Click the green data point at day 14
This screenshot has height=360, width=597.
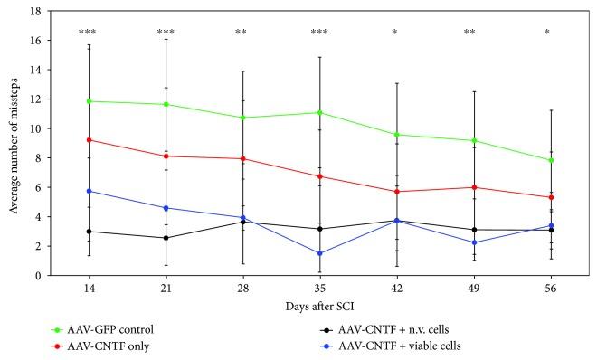(x=89, y=101)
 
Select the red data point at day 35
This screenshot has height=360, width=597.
(x=319, y=176)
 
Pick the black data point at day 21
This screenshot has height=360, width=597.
(x=166, y=238)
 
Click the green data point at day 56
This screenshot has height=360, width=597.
(x=550, y=160)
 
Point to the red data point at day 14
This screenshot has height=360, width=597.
(x=89, y=139)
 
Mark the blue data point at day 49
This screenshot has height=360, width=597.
(x=473, y=242)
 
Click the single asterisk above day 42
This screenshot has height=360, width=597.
(x=396, y=33)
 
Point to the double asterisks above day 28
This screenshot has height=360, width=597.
(x=242, y=33)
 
